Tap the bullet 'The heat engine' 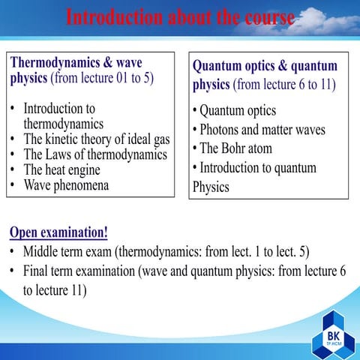tap(61, 169)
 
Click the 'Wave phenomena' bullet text tap(66, 184)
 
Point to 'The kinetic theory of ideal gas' tap(97, 139)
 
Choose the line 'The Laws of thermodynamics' tap(95, 154)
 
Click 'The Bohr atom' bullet tap(235, 148)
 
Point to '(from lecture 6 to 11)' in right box tap(284, 85)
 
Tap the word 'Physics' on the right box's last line tap(211, 186)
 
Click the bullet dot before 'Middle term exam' tap(13, 251)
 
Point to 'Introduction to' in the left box tap(59, 108)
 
